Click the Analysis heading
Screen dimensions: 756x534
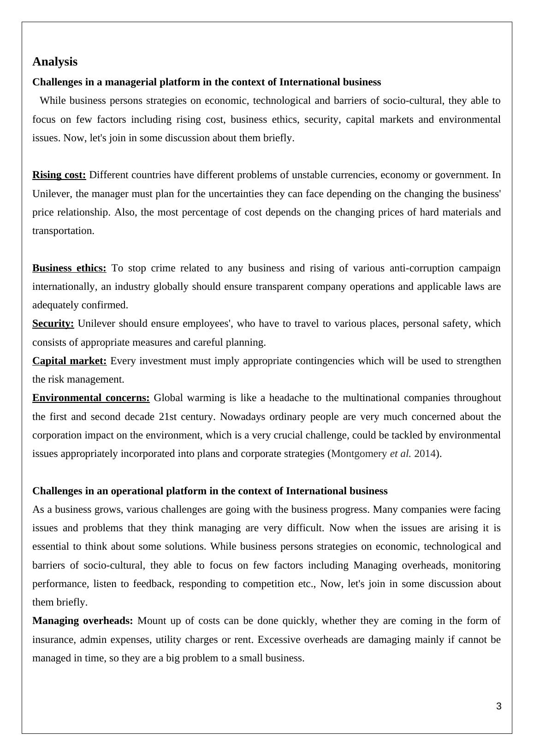[x=55, y=61]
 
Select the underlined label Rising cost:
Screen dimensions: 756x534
[x=59, y=175]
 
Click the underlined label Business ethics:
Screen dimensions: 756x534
[x=69, y=268]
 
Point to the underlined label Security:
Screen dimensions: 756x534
[x=53, y=324]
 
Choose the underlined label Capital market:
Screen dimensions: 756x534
[x=69, y=361]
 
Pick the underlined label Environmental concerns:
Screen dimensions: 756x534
[x=91, y=398]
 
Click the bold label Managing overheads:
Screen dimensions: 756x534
[x=83, y=621]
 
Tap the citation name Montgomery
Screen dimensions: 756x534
[x=359, y=454]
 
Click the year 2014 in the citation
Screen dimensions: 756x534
[x=425, y=454]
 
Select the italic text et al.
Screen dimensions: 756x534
[x=400, y=454]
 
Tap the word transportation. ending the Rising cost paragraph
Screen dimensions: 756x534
[x=63, y=231]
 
